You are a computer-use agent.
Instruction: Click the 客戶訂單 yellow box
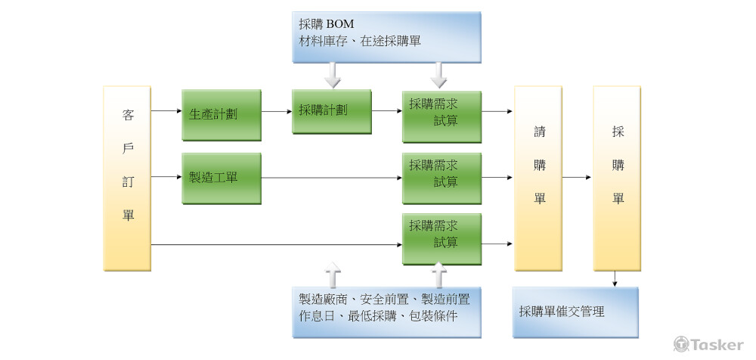pyautogui.click(x=127, y=178)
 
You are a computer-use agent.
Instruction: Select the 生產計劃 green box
pyautogui.click(x=221, y=115)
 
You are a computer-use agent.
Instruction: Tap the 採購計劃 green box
pyautogui.click(x=332, y=111)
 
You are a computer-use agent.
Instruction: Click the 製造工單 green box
pyautogui.click(x=221, y=178)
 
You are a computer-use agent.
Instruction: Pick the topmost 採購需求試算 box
pyautogui.click(x=442, y=116)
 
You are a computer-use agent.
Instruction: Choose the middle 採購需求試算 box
pyautogui.click(x=442, y=178)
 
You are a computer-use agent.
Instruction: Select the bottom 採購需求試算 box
pyautogui.click(x=442, y=238)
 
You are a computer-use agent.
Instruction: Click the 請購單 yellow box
pyautogui.click(x=538, y=178)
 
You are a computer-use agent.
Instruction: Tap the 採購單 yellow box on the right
pyautogui.click(x=617, y=178)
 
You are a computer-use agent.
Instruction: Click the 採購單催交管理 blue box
pyautogui.click(x=575, y=312)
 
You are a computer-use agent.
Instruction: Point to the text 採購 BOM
pyautogui.click(x=327, y=24)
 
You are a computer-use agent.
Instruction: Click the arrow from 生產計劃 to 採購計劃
pyautogui.click(x=277, y=111)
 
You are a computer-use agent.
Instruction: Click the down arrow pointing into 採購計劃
pyautogui.click(x=332, y=74)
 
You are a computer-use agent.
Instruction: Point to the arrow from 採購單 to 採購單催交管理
pyautogui.click(x=617, y=278)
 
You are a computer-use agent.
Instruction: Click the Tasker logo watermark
pyautogui.click(x=708, y=344)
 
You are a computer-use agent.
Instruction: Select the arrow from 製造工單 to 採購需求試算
pyautogui.click(x=331, y=179)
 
